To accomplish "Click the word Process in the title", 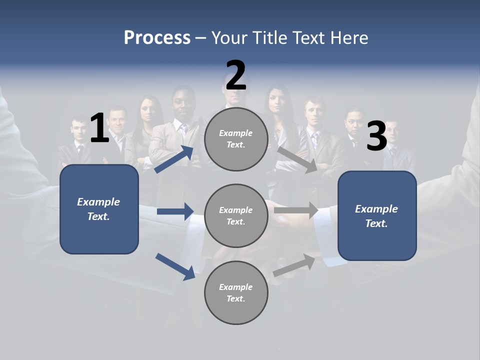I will [157, 38].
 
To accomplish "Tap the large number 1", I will [99, 128].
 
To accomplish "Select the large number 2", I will [236, 75].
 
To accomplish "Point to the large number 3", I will [376, 136].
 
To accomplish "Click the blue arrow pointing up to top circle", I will [174, 159].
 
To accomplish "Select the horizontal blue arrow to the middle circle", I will [175, 211].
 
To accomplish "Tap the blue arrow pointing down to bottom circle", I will [175, 266].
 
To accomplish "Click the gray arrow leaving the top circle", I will [297, 159].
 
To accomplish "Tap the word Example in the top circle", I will [236, 133].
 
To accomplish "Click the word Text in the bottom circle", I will [235, 298].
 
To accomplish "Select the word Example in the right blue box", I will [376, 209].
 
